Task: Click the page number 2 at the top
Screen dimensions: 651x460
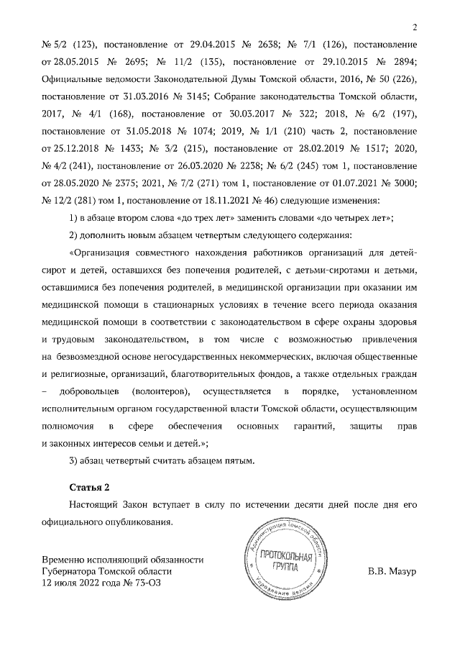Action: tap(415, 28)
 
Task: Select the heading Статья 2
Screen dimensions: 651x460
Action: tap(89, 486)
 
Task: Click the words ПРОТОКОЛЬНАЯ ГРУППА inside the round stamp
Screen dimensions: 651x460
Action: tap(285, 562)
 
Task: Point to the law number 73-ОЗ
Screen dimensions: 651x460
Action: tap(144, 583)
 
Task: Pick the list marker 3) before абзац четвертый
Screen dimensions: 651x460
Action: tap(73, 460)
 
